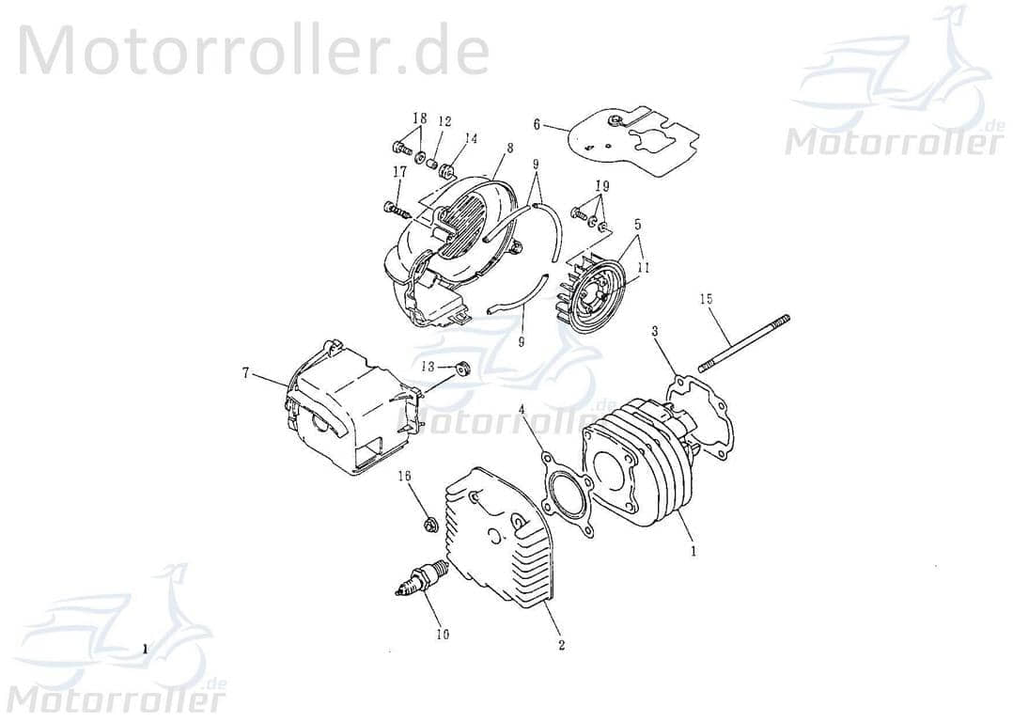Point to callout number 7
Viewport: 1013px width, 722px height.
pos(245,374)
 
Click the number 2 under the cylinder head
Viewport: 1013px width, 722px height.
pos(561,646)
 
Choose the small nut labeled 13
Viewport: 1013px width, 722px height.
pos(462,368)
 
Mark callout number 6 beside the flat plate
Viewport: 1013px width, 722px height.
pos(537,124)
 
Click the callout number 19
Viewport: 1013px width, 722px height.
pos(602,186)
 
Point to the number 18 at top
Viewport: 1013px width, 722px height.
pos(419,118)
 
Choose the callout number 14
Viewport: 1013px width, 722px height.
pos(470,138)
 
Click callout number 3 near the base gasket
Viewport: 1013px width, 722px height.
pos(655,331)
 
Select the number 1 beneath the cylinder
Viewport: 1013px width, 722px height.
pos(694,552)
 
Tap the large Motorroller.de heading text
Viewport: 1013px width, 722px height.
pos(254,49)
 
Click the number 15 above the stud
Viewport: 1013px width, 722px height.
pos(706,299)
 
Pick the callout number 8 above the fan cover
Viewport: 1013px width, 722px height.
pos(509,148)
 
